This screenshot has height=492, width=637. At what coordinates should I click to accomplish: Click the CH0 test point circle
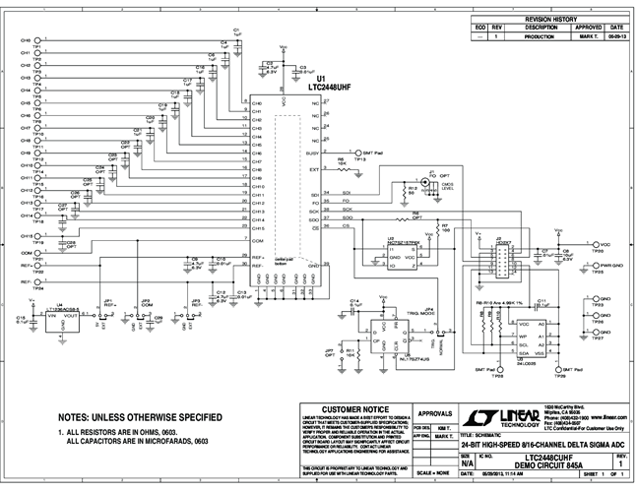[x=38, y=39]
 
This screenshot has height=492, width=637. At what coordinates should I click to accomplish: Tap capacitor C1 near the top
[x=235, y=33]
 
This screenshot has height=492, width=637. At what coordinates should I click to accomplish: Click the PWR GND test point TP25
[x=594, y=265]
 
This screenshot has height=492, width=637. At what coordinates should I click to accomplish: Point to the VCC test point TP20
[x=594, y=244]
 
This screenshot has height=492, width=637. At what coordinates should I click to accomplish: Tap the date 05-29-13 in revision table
[x=616, y=35]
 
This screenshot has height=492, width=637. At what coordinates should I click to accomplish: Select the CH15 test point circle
[x=38, y=238]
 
